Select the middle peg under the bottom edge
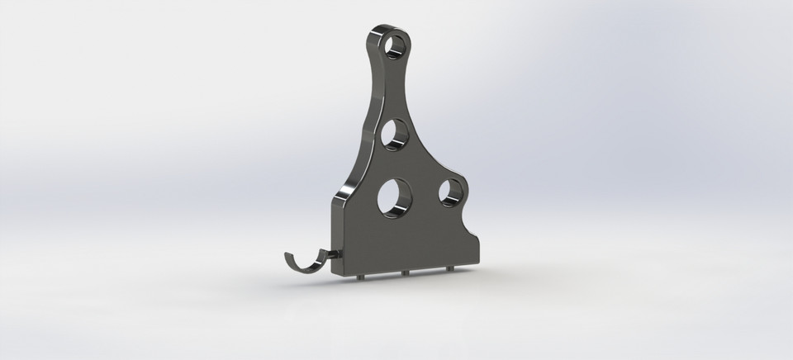tap(406, 273)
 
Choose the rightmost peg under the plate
tap(449, 269)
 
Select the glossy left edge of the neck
tap(368, 99)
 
